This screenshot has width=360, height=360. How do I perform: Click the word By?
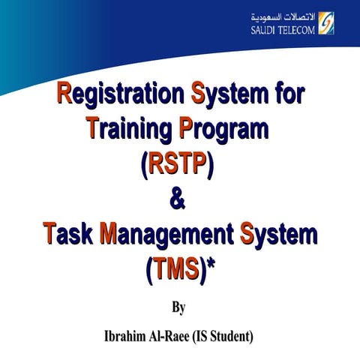tap(178, 307)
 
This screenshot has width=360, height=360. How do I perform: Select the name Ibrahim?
tap(128, 335)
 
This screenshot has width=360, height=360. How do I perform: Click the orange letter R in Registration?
tap(65, 96)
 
